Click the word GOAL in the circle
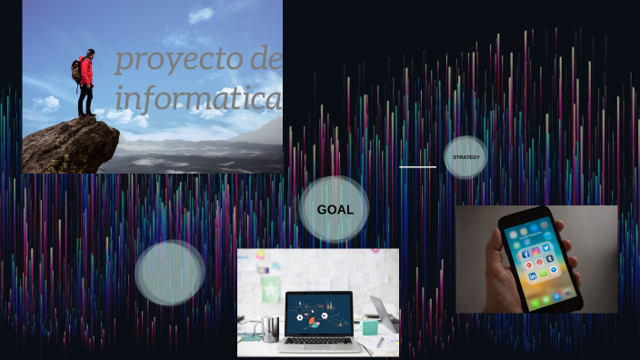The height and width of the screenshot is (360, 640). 335,210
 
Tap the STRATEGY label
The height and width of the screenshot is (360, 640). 465,157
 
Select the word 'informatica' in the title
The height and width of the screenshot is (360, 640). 198,97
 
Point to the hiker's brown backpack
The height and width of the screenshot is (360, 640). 76,71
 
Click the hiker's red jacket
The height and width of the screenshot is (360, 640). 86,71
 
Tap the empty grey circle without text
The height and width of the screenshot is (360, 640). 170,273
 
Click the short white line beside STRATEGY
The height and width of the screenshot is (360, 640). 417,167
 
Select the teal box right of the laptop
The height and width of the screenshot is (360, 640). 370,328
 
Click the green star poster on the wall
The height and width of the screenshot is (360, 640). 270,289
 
